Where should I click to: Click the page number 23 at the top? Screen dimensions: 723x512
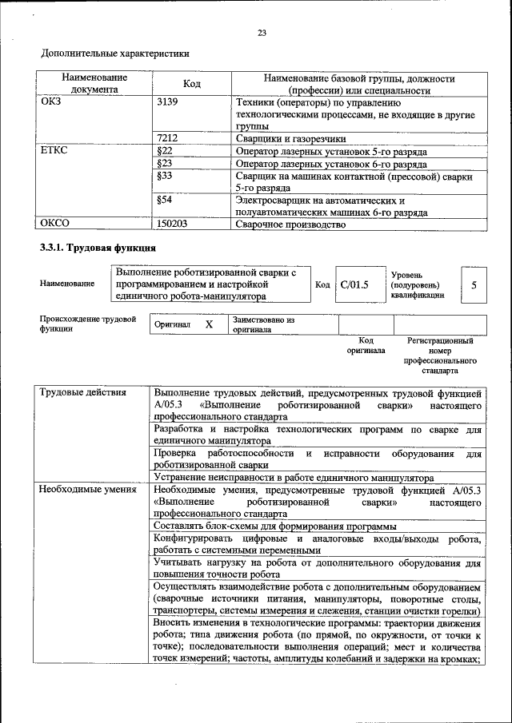coord(261,33)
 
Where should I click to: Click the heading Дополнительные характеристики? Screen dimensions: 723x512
coord(115,54)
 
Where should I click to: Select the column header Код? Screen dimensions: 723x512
coord(191,84)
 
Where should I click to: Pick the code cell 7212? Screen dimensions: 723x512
coord(167,138)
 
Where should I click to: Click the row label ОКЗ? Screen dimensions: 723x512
coord(51,102)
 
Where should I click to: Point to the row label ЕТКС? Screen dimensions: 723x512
coord(54,151)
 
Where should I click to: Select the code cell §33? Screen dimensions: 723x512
coord(166,176)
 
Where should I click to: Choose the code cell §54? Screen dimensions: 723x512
coord(166,201)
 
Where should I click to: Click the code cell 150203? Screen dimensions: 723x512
coord(173,224)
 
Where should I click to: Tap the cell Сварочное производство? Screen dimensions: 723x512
coord(290,224)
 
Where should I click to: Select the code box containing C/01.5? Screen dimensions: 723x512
coord(353,284)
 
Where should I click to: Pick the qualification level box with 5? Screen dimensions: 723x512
coord(474,284)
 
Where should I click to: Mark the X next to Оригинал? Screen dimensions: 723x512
coord(209,325)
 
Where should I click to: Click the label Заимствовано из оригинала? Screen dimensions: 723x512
coord(264,324)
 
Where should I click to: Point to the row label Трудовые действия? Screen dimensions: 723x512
coord(82,393)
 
